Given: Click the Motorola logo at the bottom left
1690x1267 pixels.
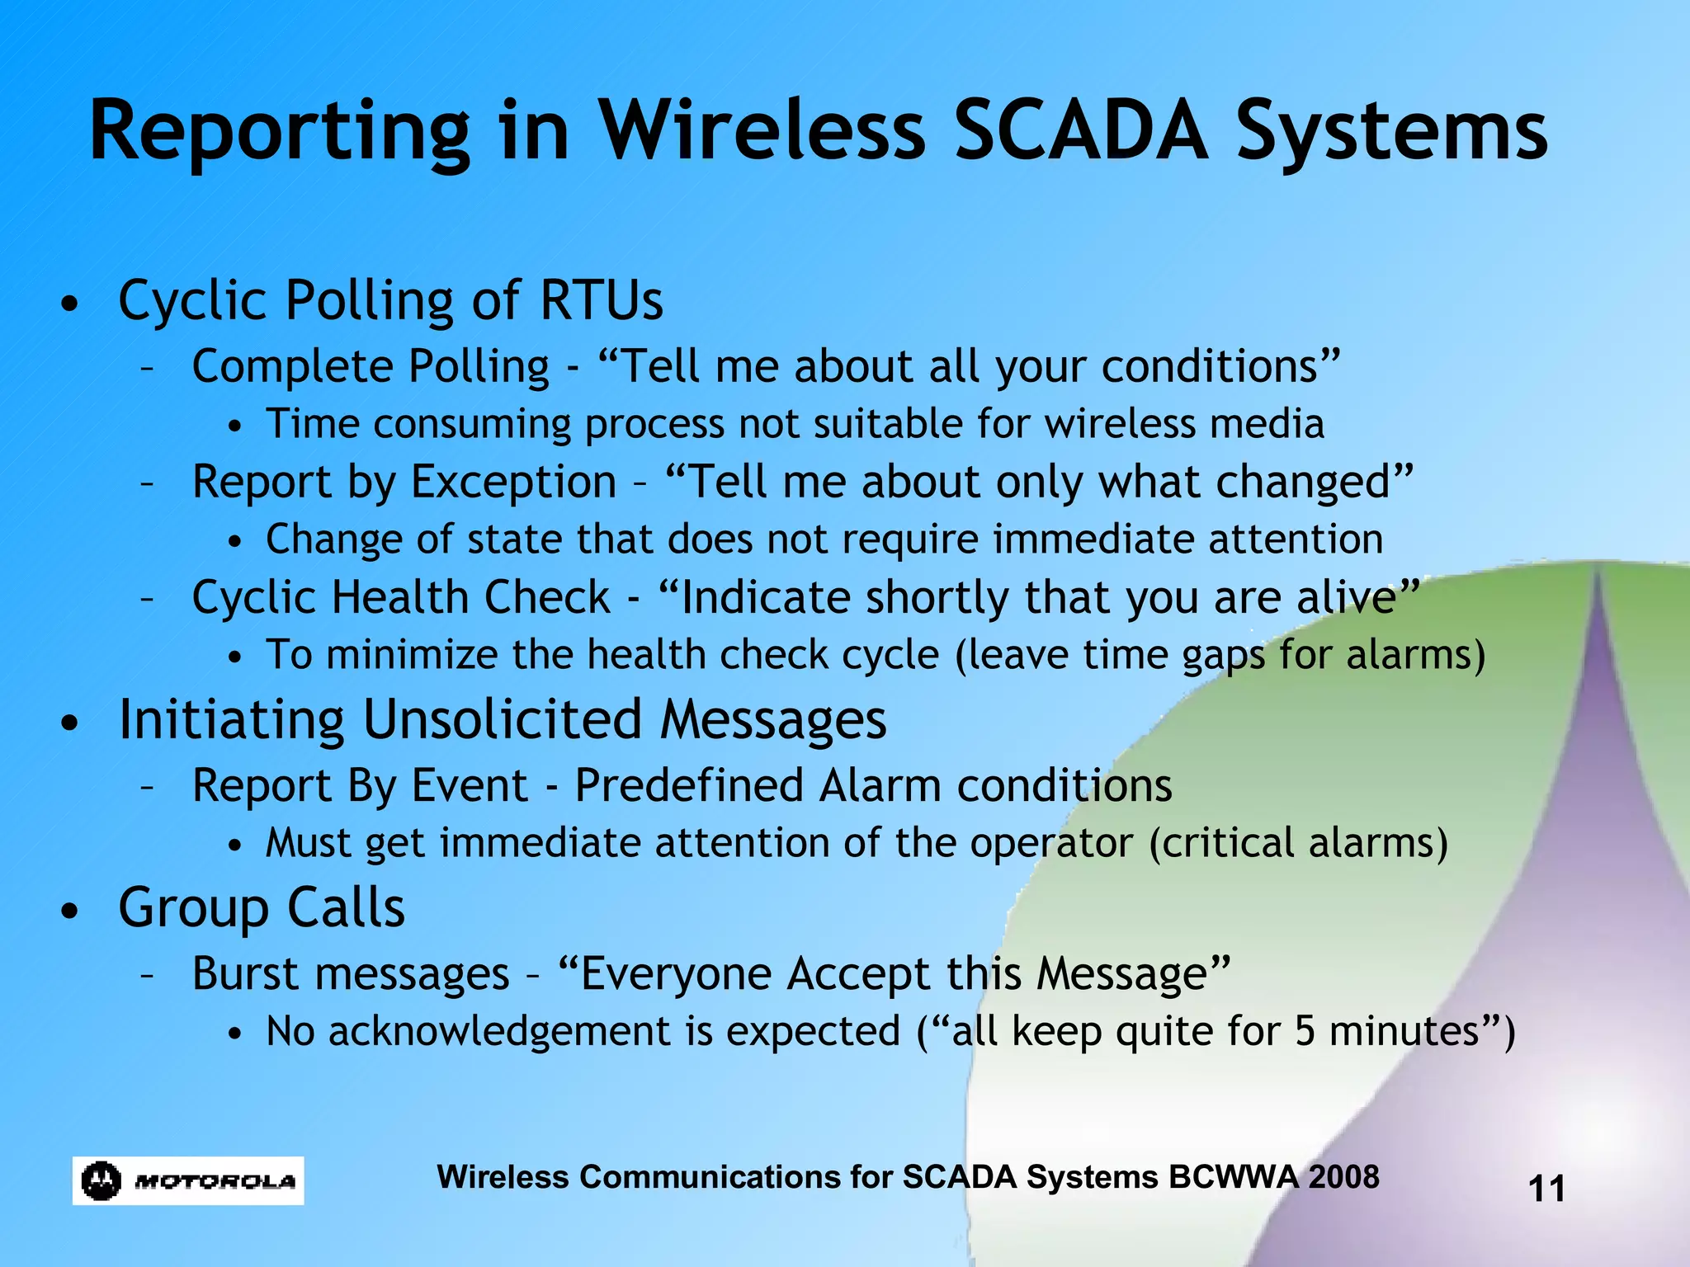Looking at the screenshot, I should pyautogui.click(x=188, y=1180).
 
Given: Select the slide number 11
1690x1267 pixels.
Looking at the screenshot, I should pyautogui.click(x=1546, y=1189).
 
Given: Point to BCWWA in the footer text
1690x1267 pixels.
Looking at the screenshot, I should pyautogui.click(x=1233, y=1176).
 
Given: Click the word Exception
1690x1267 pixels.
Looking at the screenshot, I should pyautogui.click(x=513, y=482).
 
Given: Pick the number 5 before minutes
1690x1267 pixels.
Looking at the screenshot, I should pyautogui.click(x=1304, y=1031).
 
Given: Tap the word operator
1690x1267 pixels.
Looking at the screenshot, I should pyautogui.click(x=1051, y=844).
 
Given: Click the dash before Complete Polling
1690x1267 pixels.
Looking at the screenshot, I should pyautogui.click(x=148, y=367).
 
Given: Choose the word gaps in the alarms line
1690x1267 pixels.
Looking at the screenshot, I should pyautogui.click(x=1223, y=657).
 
